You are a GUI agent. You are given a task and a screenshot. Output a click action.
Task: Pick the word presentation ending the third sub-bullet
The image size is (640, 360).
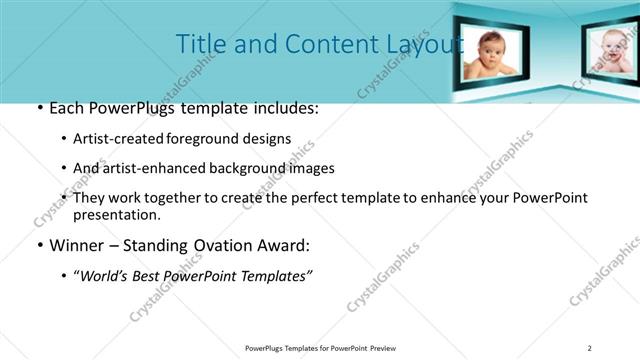click(117, 214)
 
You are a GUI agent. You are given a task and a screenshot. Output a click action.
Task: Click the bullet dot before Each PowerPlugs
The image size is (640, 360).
click(39, 108)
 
